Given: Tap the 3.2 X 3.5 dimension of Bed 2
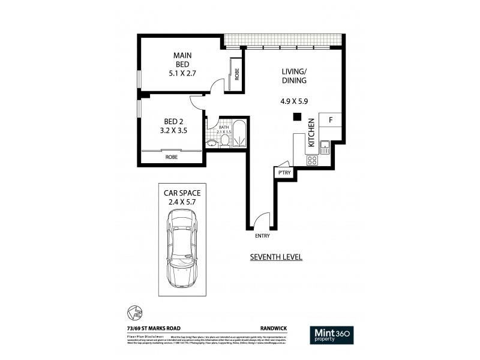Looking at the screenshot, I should tap(169, 128).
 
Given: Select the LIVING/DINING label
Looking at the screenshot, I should tap(295, 76).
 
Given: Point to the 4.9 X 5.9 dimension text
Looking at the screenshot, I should tap(294, 101).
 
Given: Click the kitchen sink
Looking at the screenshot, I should tap(325, 146).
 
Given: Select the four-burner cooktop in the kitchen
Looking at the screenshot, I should tap(312, 160).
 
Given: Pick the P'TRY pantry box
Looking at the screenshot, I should tap(282, 173).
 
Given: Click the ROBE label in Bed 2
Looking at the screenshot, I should tap(171, 157).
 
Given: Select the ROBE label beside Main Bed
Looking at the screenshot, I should tap(238, 74).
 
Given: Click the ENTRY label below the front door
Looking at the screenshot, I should tap(262, 236).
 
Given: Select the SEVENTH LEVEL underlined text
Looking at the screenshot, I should tap(275, 257).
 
